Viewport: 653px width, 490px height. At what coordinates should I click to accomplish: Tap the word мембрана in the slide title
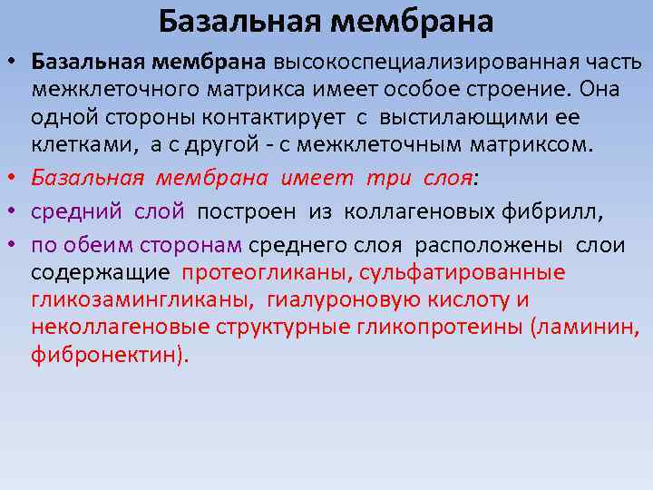click(413, 20)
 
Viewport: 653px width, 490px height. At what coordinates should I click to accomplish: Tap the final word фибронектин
click(105, 355)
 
